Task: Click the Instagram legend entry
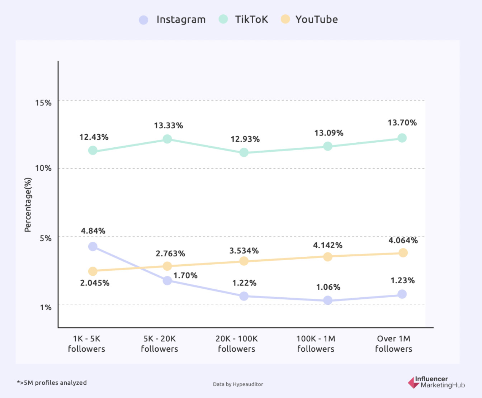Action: coord(173,19)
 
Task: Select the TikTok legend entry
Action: coord(244,19)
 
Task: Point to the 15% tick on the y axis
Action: coord(43,103)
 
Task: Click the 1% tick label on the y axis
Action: coord(46,307)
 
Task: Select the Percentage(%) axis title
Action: coord(28,205)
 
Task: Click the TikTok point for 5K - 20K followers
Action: coord(167,139)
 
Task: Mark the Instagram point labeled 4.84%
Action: coord(93,247)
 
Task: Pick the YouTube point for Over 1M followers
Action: coord(403,253)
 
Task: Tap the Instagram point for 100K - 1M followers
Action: coord(328,300)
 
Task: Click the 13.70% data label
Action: coord(402,123)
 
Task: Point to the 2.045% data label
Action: coord(95,283)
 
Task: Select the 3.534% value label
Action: coord(244,251)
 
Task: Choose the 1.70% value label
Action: coord(185,275)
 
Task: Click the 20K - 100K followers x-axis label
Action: coord(236,343)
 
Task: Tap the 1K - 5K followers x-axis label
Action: coord(86,343)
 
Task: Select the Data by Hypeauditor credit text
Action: coord(238,384)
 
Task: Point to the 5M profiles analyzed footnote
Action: coord(52,383)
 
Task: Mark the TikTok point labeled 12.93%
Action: coord(244,152)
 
